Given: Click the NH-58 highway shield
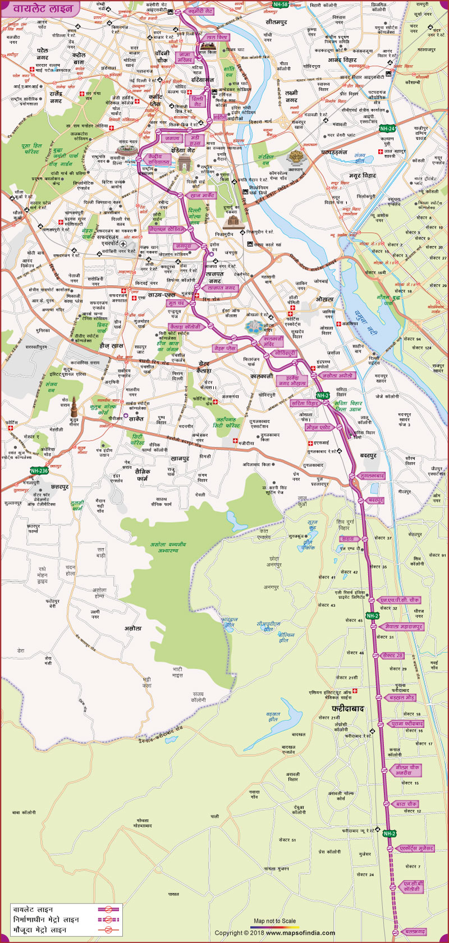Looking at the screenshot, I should point(280,5).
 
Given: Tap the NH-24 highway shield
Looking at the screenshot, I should point(387,129).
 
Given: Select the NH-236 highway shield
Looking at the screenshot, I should point(39,471).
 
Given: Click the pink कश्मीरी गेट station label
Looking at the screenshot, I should point(200,11).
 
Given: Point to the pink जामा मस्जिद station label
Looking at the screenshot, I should point(185,57).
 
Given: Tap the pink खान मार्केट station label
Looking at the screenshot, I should point(203,195).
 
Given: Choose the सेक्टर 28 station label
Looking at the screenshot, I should point(392,655).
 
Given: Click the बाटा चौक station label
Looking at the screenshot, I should point(405,804).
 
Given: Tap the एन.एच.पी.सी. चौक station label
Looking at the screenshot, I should point(399,600).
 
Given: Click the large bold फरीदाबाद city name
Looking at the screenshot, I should point(348,709).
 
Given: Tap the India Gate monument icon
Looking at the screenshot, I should point(184,163).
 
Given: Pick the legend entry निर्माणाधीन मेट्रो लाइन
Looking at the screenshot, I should point(46,920).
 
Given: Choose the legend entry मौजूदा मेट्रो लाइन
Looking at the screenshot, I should point(40,930).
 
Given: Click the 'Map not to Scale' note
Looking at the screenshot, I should point(274,921).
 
